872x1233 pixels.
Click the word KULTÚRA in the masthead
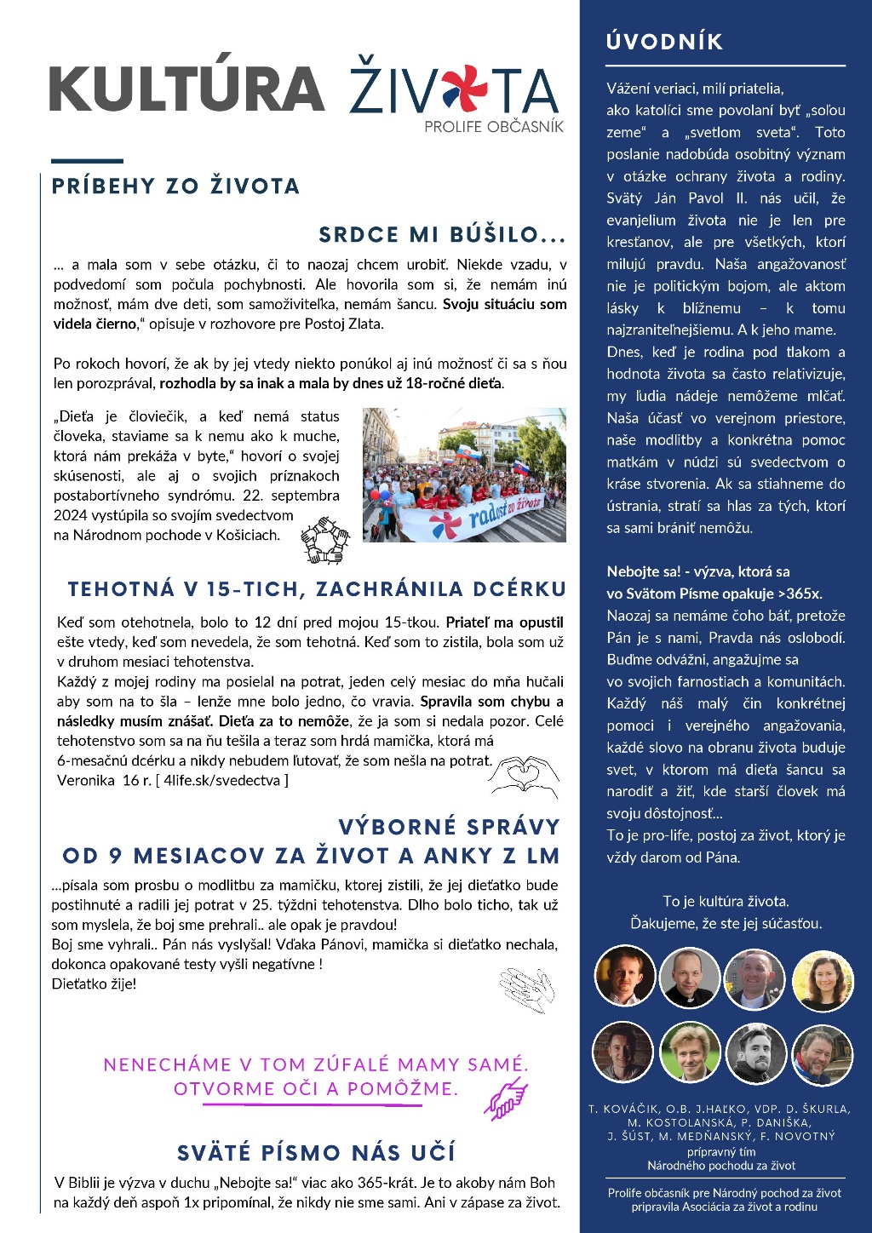[x=186, y=89]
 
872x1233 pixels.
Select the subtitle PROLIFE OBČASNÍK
[x=494, y=127]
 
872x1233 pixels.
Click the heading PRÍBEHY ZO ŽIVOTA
[x=175, y=186]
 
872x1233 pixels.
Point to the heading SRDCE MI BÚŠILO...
[x=442, y=235]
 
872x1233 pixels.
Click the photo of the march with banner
[x=464, y=474]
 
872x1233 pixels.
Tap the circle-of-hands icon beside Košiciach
[x=324, y=539]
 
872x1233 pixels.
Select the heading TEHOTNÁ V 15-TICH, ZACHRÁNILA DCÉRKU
[x=317, y=589]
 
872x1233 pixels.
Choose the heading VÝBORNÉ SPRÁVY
[x=449, y=827]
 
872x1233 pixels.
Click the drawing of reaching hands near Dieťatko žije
[x=527, y=989]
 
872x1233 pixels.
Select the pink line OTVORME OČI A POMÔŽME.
[x=316, y=1089]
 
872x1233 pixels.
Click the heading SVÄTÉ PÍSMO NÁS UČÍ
[x=316, y=1153]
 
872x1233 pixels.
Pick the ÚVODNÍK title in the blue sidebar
[x=664, y=42]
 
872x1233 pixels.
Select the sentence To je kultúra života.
[x=726, y=901]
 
